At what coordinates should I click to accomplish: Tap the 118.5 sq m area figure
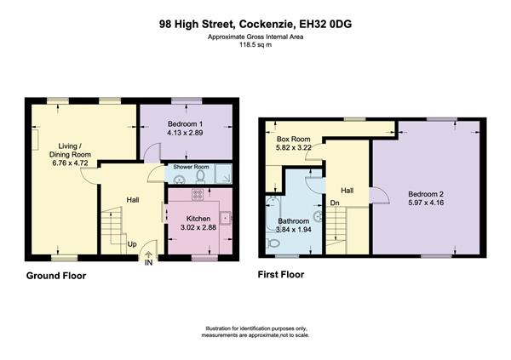[x=255, y=45]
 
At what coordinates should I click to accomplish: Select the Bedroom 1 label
[x=185, y=123]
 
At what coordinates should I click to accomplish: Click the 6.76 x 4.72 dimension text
[x=70, y=163]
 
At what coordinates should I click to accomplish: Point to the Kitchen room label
[x=198, y=219]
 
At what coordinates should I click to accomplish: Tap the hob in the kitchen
[x=198, y=195]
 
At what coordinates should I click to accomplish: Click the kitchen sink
[x=225, y=218]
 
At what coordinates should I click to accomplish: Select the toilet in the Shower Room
[x=200, y=176]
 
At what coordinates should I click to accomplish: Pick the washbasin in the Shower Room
[x=179, y=180]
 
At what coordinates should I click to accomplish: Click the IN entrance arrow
[x=148, y=254]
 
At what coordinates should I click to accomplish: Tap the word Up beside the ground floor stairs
[x=132, y=244]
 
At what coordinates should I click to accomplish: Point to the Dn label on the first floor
[x=335, y=203]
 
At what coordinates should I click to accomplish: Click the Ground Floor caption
[x=56, y=276]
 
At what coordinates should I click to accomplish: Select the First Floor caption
[x=281, y=275]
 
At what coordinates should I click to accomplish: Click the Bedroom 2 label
[x=426, y=194]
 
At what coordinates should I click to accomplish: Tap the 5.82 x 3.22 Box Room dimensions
[x=294, y=147]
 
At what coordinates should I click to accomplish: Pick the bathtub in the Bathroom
[x=272, y=214]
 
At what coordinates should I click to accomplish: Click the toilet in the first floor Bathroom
[x=273, y=243]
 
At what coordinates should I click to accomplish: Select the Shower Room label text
[x=191, y=167]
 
